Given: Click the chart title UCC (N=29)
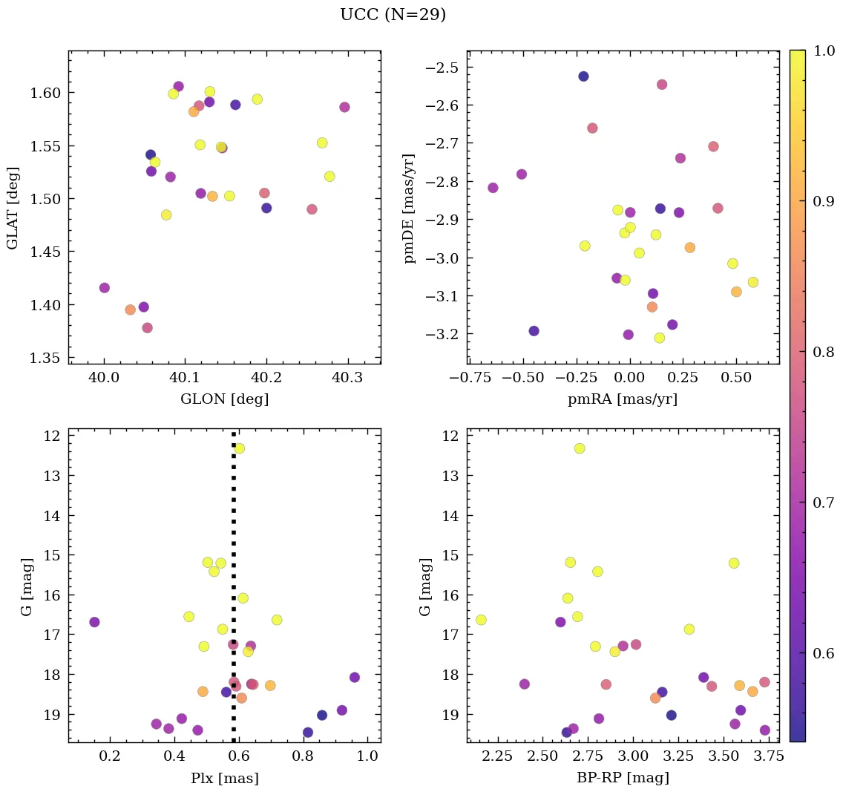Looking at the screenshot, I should point(393,15).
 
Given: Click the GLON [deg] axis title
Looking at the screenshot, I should point(224,399).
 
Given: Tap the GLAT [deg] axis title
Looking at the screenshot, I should point(13,207).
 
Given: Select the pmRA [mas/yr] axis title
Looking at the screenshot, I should point(623,399).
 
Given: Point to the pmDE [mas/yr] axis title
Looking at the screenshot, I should point(409,209).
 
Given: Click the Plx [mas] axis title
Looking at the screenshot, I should point(224,778).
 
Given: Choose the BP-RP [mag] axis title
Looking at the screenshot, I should point(623,778).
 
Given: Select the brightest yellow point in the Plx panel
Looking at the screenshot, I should point(239,448).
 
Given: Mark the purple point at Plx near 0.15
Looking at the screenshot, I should point(94,622).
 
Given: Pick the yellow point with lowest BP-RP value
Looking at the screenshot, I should point(481,620).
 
